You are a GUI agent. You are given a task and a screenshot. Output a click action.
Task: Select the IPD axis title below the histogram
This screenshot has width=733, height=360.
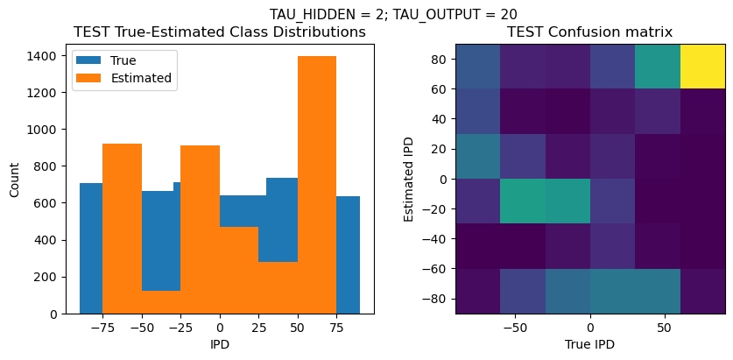[x=220, y=345]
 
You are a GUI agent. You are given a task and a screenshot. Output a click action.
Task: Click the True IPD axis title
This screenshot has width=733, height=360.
[x=589, y=345]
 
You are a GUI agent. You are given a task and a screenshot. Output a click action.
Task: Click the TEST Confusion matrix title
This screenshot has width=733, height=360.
[x=589, y=32]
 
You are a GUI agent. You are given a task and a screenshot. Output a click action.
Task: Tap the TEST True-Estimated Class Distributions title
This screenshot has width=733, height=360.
[x=220, y=32]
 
